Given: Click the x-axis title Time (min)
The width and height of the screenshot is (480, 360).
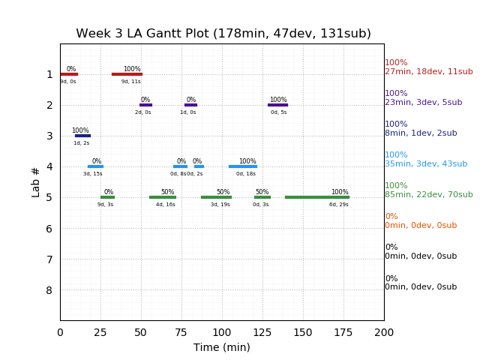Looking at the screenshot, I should click(x=222, y=347).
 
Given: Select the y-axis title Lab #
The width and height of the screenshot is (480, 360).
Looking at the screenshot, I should click(x=36, y=182).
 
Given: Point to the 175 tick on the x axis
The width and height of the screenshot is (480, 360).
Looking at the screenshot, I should click(x=343, y=332).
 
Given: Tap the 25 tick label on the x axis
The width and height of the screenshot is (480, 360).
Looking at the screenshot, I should click(x=100, y=332).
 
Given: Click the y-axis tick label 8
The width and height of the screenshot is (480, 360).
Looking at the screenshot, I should click(x=49, y=290).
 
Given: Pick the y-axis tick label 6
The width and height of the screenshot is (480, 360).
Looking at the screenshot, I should click(x=49, y=229).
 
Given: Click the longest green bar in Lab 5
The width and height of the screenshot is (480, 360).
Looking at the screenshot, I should click(x=316, y=197).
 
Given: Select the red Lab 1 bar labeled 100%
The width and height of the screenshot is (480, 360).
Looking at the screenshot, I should click(x=127, y=74).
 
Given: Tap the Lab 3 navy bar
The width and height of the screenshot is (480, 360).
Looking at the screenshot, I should click(x=82, y=136).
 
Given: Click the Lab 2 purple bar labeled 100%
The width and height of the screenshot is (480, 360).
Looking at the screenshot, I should click(x=277, y=105).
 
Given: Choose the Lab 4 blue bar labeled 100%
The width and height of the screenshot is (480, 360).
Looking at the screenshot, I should click(x=242, y=166).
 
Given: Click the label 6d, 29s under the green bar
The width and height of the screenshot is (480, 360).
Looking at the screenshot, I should click(x=339, y=205).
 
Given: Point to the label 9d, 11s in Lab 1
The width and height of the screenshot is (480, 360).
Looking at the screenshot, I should click(x=131, y=82).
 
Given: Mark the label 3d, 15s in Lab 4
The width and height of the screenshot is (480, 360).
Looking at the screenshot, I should click(x=93, y=174).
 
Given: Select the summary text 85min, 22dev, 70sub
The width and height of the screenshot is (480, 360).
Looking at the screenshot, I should click(x=429, y=195).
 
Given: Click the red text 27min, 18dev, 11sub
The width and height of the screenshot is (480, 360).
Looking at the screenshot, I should click(x=429, y=72).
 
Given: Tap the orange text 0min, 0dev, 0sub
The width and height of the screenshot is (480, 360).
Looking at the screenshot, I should click(x=421, y=226).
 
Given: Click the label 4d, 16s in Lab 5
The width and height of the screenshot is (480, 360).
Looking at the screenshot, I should click(x=166, y=205).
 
